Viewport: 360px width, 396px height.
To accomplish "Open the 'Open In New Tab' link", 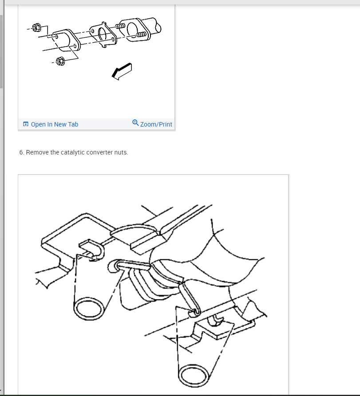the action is (54, 124).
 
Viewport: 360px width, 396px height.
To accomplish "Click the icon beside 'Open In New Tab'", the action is (26, 124).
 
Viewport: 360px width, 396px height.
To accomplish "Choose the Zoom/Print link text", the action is (156, 124).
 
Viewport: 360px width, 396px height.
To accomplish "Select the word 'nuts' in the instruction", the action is (121, 152).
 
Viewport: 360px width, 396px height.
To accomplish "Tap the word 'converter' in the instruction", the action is (99, 152).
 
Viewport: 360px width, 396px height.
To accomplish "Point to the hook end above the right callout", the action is (194, 312).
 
